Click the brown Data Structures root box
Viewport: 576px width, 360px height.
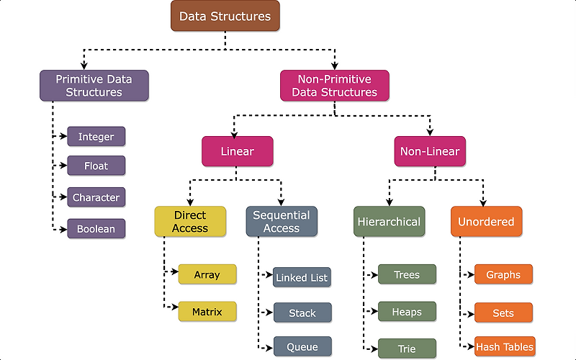[x=225, y=16]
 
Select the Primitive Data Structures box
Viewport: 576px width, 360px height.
[x=94, y=85]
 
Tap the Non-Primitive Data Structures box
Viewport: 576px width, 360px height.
[x=334, y=85]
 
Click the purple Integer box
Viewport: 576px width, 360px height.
[x=96, y=136]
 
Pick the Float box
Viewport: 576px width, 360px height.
[x=96, y=166]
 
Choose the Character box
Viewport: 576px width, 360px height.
[x=96, y=197]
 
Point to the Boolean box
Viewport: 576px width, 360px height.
[x=96, y=230]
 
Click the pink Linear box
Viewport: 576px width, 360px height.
[x=237, y=151]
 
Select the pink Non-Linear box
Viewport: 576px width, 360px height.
[x=430, y=151]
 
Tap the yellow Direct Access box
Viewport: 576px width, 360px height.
[x=190, y=222]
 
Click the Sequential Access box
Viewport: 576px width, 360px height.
[x=281, y=222]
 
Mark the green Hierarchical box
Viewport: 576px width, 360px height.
[x=389, y=222]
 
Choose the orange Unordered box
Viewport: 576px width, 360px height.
[x=486, y=222]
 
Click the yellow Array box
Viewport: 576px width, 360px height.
[x=207, y=274]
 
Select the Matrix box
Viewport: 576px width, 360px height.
[x=207, y=312]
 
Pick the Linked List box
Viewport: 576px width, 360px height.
[x=302, y=277]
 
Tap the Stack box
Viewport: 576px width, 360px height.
[x=302, y=312]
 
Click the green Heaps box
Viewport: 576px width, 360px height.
[x=407, y=312]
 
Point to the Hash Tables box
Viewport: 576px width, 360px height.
[x=504, y=346]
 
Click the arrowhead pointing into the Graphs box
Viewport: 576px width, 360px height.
[x=470, y=274]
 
